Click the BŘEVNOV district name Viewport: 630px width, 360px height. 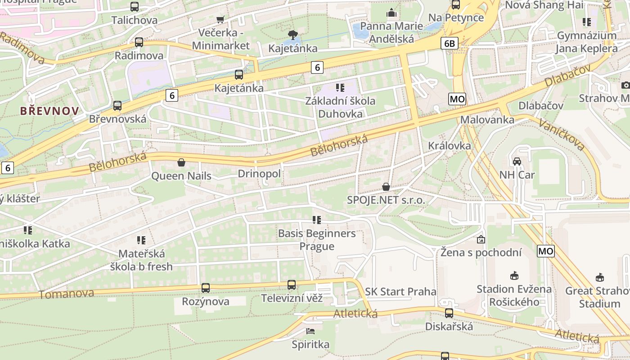(49, 111)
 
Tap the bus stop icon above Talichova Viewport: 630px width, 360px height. (135, 7)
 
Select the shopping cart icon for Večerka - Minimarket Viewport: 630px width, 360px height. (220, 19)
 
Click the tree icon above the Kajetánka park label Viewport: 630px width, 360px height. (292, 35)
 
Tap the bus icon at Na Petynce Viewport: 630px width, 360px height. (456, 4)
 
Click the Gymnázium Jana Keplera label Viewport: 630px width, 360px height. (586, 42)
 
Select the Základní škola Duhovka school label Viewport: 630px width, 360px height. (340, 107)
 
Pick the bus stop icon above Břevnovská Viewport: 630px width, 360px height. (117, 106)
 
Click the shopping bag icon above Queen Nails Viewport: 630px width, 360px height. (181, 162)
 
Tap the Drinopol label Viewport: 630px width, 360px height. (259, 174)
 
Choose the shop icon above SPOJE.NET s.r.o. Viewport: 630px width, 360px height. (386, 187)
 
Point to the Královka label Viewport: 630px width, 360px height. (450, 146)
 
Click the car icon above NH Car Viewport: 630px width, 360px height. (517, 161)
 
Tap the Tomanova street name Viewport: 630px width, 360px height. (67, 294)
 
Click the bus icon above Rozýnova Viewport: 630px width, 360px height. (206, 288)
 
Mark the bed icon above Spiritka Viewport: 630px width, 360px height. (310, 331)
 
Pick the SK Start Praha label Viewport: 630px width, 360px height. (400, 292)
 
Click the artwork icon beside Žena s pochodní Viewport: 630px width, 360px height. (481, 239)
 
